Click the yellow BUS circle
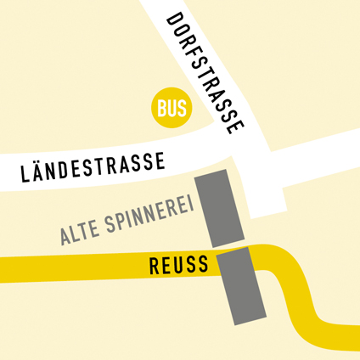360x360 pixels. tap(172, 108)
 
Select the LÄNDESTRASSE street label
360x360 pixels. tap(93, 168)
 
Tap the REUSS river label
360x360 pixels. tap(178, 265)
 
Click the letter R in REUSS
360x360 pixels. tap(155, 266)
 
